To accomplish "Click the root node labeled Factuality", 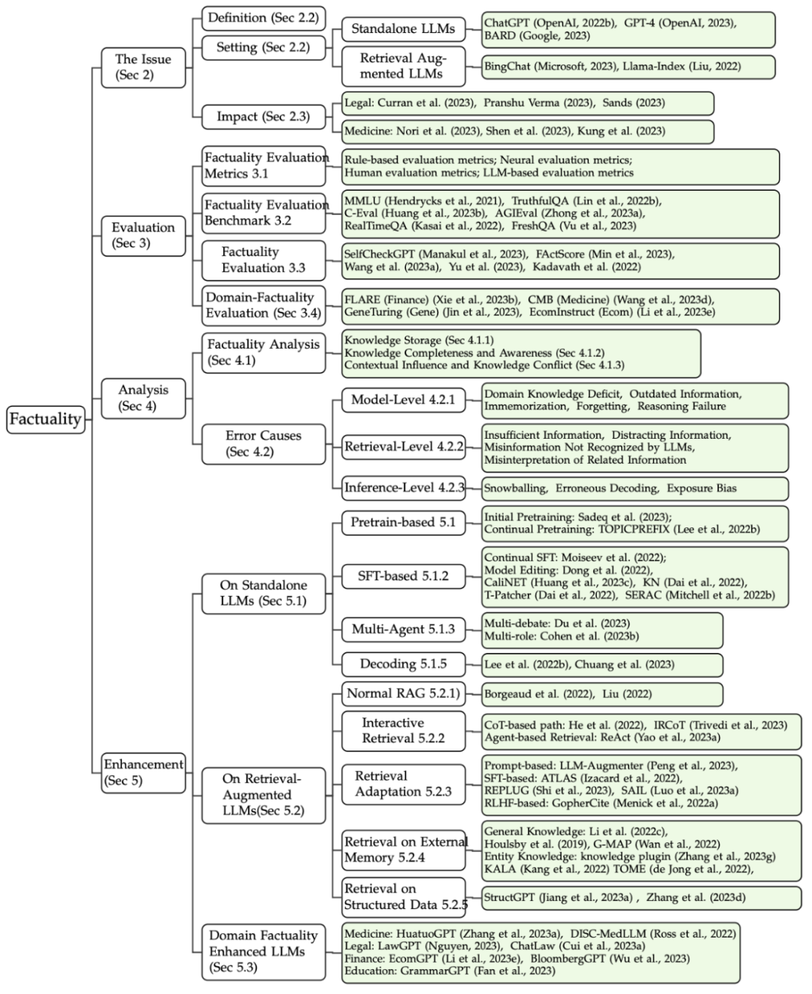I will pos(45,419).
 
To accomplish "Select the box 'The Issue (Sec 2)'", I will pos(143,67).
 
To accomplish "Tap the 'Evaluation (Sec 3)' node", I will pos(143,235).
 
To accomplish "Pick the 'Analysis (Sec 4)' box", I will pos(143,397).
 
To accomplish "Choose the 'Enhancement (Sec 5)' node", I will pos(143,772).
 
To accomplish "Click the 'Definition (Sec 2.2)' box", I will pos(263,18).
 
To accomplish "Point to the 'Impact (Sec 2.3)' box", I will pos(263,116).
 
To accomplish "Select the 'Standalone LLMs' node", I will pos(403,29).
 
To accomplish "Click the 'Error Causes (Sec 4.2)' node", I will pos(263,443).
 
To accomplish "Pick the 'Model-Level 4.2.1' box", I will pos(403,400).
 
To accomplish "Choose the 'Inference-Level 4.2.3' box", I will pos(403,488).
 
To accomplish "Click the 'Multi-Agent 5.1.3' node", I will pos(403,629).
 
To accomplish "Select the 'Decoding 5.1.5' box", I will pos(403,664).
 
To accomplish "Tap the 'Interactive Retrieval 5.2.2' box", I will pos(403,730).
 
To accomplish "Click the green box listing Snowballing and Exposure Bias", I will pos(635,488).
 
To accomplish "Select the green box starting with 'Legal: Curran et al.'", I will pos(528,103).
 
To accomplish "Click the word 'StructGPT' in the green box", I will pos(509,897).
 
